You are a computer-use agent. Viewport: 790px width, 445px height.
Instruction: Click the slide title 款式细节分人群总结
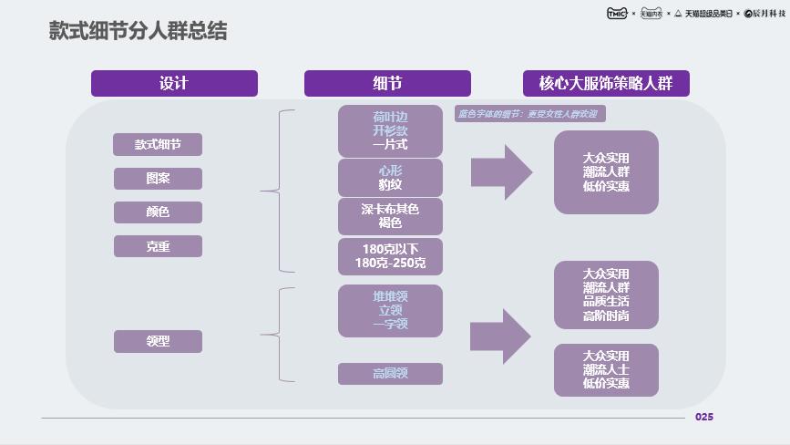click(138, 32)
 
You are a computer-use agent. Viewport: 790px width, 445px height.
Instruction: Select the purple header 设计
click(174, 83)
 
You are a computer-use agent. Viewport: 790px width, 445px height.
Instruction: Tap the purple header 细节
click(387, 83)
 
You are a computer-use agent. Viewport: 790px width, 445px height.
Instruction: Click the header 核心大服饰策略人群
click(605, 83)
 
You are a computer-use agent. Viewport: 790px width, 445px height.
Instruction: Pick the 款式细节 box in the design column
click(158, 144)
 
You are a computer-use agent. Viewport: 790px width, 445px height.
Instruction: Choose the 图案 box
click(158, 178)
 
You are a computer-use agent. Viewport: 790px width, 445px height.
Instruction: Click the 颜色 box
click(158, 212)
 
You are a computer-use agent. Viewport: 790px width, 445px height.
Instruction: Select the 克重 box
click(158, 246)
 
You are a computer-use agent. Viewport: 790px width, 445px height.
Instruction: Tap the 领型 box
click(158, 341)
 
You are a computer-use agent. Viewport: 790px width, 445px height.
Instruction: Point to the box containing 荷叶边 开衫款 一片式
click(390, 130)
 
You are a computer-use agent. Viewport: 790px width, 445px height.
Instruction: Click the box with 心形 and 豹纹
click(390, 178)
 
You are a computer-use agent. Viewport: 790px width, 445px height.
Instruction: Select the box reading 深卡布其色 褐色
click(390, 216)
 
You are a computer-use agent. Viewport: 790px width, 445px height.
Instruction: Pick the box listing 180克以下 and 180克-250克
click(390, 256)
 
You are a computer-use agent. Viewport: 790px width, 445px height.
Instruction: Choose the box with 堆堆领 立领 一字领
click(390, 310)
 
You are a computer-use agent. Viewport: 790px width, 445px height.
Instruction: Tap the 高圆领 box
click(390, 373)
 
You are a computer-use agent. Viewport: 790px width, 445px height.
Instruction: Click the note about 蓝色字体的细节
click(529, 114)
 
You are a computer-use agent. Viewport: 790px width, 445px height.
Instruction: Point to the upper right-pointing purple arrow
click(501, 171)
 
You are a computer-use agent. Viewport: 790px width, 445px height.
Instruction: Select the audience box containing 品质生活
click(606, 295)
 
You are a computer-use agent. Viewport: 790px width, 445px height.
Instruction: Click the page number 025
click(704, 417)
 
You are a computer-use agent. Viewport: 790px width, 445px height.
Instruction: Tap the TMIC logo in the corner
click(617, 13)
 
